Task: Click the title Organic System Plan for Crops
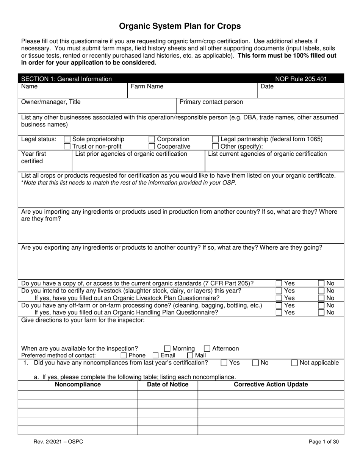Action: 180,26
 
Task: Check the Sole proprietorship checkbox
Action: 67,139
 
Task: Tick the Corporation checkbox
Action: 152,139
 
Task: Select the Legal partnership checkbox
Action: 215,139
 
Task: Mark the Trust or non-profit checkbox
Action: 67,146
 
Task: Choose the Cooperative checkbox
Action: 152,146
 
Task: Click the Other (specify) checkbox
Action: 215,146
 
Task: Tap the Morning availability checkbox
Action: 167,349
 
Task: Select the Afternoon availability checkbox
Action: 207,349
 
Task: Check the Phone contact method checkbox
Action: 124,355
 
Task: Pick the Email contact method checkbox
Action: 155,355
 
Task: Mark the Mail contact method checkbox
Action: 190,355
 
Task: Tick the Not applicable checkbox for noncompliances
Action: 294,363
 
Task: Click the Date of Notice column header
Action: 167,385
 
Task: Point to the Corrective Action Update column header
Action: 271,385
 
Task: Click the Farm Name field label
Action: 147,86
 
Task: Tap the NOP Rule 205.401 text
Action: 301,79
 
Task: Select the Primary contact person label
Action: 211,102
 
